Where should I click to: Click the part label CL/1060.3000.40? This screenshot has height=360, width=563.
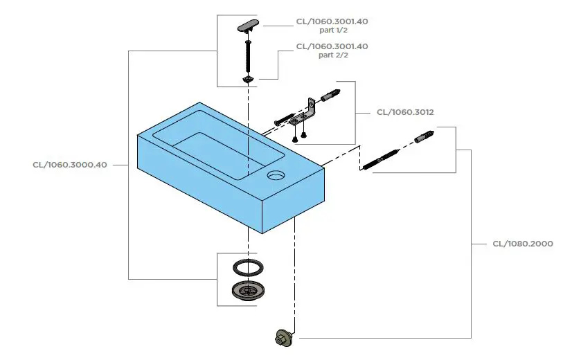pyautogui.click(x=69, y=165)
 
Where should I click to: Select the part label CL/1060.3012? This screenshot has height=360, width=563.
pyautogui.click(x=405, y=111)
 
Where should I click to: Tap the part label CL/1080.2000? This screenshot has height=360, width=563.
pyautogui.click(x=523, y=244)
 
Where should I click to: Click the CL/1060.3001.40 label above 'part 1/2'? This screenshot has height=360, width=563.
pyautogui.click(x=332, y=21)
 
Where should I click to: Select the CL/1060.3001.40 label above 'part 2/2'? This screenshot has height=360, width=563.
pyautogui.click(x=332, y=46)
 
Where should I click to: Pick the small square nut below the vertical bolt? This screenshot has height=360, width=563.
pyautogui.click(x=248, y=80)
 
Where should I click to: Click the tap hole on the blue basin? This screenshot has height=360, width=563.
pyautogui.click(x=276, y=174)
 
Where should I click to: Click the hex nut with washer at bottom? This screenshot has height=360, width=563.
pyautogui.click(x=283, y=339)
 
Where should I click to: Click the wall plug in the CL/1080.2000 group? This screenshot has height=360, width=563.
pyautogui.click(x=425, y=135)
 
